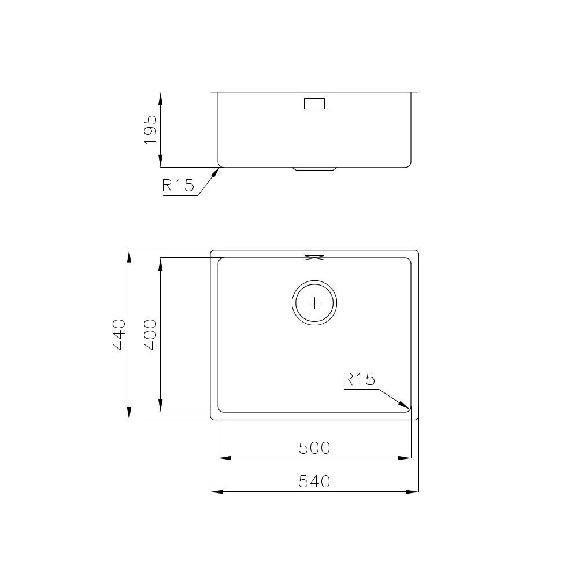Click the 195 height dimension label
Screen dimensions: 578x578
coord(150,129)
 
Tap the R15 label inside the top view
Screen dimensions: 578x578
coord(359,379)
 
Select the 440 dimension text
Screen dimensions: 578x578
coord(120,335)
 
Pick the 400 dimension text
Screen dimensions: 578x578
coord(150,335)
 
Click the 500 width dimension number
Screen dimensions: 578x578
coord(314,447)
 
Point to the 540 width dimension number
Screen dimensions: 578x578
coord(314,481)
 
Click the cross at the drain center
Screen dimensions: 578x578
coord(314,303)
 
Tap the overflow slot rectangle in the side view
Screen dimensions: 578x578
coord(314,104)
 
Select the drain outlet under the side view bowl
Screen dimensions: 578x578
coord(314,169)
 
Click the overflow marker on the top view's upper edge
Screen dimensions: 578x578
coord(314,258)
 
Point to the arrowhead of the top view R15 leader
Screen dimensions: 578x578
coord(406,406)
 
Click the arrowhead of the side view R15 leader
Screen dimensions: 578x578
coord(218,171)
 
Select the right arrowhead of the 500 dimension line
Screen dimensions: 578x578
coord(406,458)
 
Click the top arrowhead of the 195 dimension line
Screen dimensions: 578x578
coord(161,97)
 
